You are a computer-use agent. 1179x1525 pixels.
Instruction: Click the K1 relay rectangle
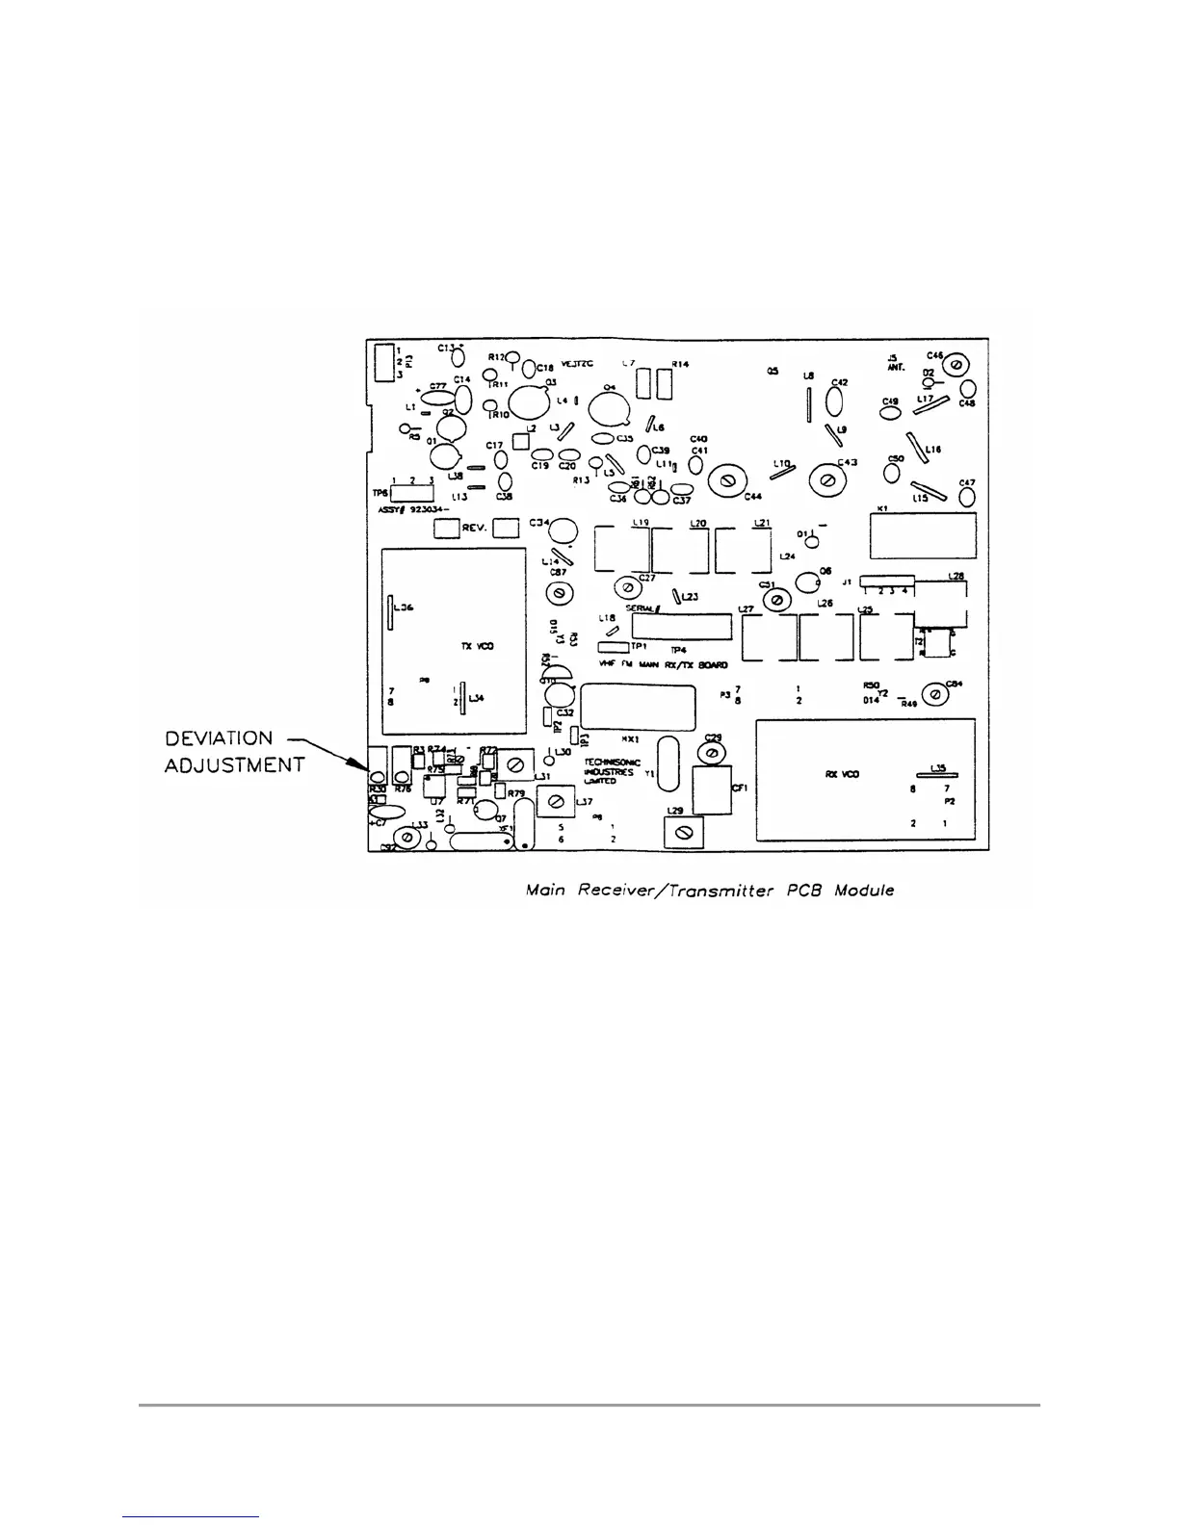pyautogui.click(x=923, y=534)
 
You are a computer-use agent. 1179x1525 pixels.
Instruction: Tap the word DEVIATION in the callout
pyautogui.click(x=218, y=739)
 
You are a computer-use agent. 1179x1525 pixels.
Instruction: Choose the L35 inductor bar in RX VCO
pyautogui.click(x=935, y=776)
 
